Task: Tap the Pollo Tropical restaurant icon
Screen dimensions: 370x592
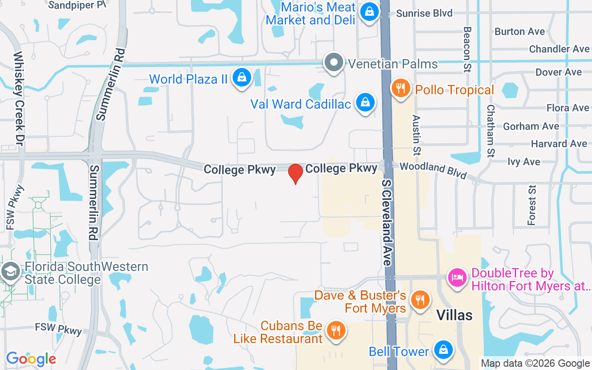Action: point(401,88)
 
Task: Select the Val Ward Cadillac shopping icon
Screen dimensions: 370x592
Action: point(365,103)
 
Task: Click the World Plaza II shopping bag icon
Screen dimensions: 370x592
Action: point(241,78)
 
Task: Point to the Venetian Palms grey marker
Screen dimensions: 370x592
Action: point(333,62)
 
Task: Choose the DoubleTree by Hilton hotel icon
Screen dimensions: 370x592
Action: point(457,278)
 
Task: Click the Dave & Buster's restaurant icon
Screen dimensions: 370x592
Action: point(420,298)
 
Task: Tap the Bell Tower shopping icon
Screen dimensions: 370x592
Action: point(443,351)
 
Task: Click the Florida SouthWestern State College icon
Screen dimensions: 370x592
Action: point(10,272)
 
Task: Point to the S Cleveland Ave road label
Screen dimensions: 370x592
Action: point(387,222)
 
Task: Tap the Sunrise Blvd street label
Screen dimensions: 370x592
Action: point(424,13)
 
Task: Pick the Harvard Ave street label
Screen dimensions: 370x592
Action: point(559,144)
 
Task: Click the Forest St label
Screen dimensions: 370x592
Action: point(532,205)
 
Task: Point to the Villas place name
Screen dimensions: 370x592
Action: point(455,315)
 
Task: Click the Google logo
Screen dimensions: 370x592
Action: point(31,359)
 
